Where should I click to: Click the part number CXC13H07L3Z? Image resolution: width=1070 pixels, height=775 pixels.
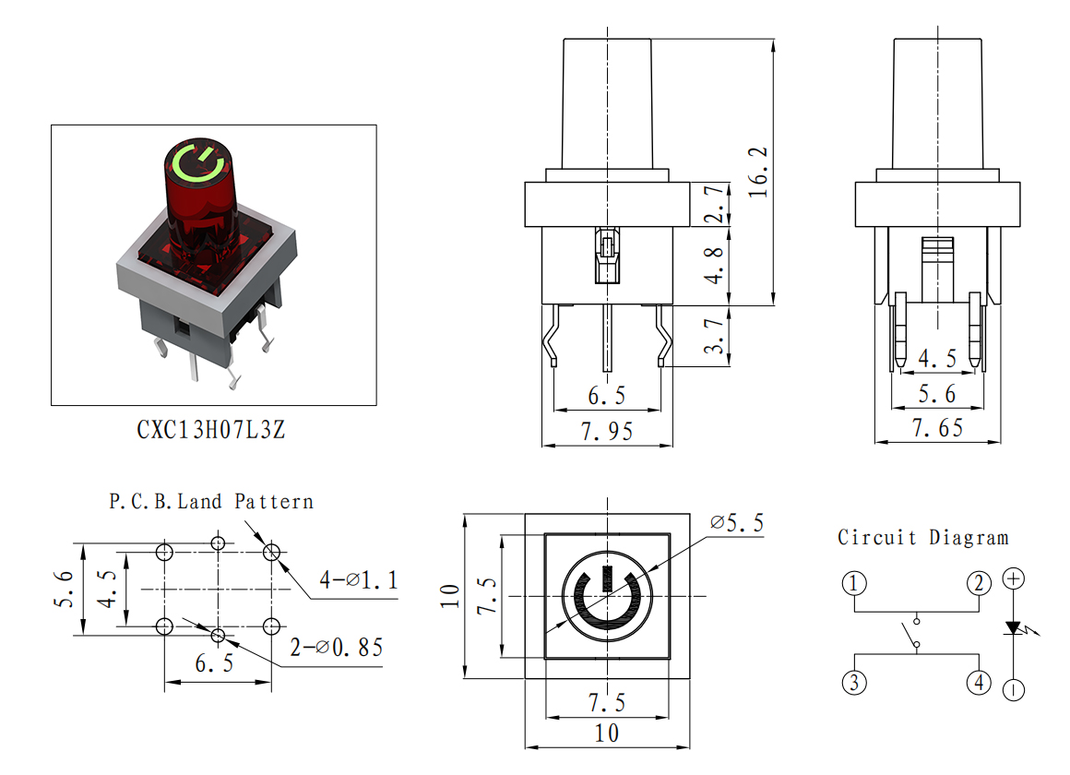tap(211, 430)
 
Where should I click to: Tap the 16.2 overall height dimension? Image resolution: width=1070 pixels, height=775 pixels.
tap(758, 172)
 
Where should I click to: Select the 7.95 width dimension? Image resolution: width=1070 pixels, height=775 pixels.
tap(607, 431)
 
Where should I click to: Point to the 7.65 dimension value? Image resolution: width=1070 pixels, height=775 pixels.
tap(937, 428)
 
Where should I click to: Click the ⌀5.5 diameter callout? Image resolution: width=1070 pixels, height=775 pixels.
tap(737, 523)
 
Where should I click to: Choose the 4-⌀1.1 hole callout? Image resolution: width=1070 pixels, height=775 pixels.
tap(358, 579)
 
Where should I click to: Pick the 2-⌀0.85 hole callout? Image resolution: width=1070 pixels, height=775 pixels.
tap(337, 648)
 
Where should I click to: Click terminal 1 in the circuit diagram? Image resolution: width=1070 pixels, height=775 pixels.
tap(853, 584)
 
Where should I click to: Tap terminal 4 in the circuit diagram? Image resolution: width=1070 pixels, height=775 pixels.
tap(980, 682)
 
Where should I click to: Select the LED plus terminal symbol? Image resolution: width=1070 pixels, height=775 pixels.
tap(1014, 579)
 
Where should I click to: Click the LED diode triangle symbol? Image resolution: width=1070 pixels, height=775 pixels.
tap(1014, 627)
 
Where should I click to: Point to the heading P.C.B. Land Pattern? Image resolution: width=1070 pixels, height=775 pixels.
tap(211, 502)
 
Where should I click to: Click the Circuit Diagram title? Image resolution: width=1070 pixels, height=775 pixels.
tap(923, 537)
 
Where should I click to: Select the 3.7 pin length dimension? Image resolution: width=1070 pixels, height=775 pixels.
tap(714, 336)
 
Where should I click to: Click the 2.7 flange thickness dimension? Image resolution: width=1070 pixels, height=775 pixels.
tap(714, 204)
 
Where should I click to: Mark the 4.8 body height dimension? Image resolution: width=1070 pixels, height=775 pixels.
tap(714, 266)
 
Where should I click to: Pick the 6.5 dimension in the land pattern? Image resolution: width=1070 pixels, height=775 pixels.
tap(214, 663)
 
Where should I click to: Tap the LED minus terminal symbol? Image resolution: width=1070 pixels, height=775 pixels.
tap(1014, 689)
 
